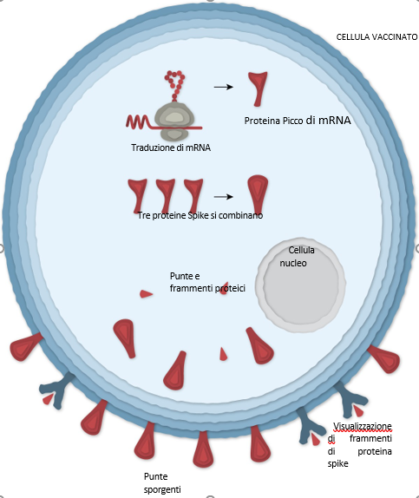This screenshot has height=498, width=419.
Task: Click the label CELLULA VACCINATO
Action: click(376, 37)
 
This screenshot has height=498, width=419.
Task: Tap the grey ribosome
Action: click(174, 121)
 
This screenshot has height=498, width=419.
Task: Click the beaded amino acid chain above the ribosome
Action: click(174, 85)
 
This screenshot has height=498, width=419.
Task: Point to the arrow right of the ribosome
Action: click(224, 87)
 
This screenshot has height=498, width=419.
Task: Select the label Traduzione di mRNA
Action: click(171, 147)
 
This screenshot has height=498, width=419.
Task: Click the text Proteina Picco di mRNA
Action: click(298, 121)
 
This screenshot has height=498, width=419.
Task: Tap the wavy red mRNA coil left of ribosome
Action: click(138, 122)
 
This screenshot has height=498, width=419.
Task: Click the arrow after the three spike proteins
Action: click(224, 197)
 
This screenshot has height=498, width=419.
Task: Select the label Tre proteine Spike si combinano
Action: click(200, 215)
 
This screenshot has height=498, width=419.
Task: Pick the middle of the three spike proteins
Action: click(166, 194)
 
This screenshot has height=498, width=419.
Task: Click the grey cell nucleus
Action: click(300, 285)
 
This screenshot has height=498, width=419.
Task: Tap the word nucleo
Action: click(293, 263)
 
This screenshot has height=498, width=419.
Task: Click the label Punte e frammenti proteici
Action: click(207, 282)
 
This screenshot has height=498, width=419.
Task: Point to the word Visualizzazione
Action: click(363, 426)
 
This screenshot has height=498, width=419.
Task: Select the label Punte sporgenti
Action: click(162, 482)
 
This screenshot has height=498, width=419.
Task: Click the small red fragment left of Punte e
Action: click(146, 294)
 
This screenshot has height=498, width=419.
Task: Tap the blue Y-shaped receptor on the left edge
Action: click(56, 390)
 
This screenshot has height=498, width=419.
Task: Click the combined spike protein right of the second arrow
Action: click(258, 193)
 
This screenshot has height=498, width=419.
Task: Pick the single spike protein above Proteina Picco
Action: click(258, 88)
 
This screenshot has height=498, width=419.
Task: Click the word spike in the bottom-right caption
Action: click(338, 463)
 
